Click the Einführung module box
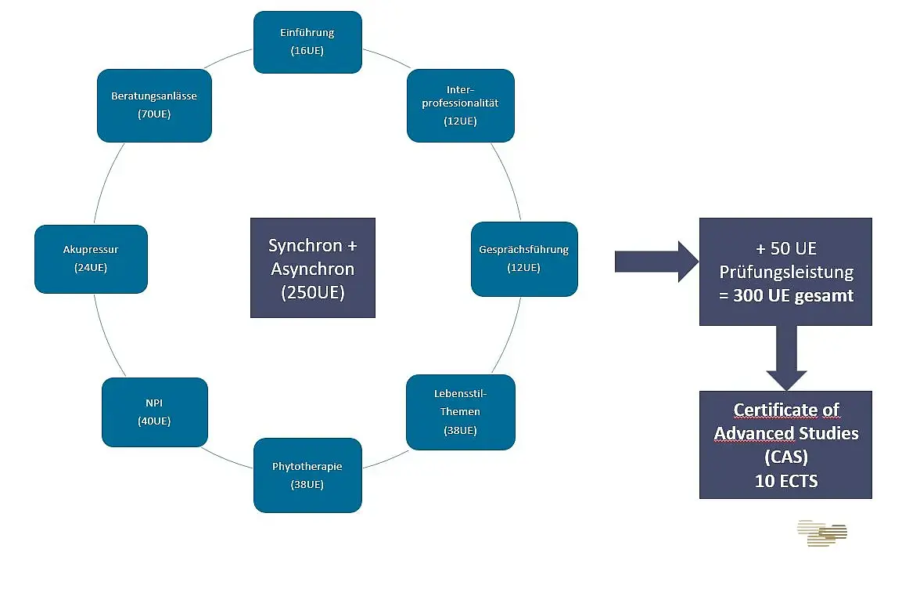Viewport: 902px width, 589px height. pos(307,42)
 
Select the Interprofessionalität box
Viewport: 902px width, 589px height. pos(461,106)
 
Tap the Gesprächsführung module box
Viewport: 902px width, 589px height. pos(524,259)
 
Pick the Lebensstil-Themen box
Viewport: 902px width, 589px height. pos(461,412)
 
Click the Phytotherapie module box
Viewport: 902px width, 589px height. pos(307,475)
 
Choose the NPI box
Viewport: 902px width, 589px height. pos(155,412)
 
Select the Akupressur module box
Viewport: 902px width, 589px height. pos(91,259)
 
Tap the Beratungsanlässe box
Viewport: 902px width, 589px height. pos(154,106)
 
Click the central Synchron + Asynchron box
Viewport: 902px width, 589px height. pos(313,268)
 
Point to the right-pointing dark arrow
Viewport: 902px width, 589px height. pos(656,262)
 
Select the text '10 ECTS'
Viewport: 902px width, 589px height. pos(786,481)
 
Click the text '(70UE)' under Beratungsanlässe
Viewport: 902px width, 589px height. pos(154,114)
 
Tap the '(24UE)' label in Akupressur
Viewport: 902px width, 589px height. pos(91,268)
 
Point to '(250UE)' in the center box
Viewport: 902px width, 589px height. pos(313,292)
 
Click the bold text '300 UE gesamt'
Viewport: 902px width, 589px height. pos(793,295)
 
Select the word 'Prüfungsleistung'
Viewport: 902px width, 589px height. pos(786,273)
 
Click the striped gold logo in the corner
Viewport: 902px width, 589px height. pos(822,533)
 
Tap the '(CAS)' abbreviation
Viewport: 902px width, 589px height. pos(786,457)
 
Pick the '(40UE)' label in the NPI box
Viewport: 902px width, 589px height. pos(154,421)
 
